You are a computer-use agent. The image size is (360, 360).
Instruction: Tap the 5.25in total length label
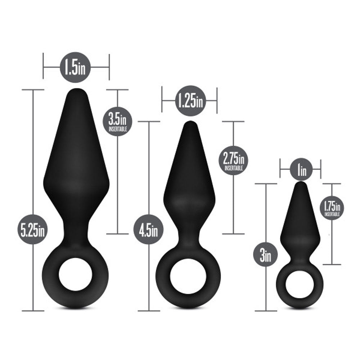33,229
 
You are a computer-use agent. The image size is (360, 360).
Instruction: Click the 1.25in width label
190,101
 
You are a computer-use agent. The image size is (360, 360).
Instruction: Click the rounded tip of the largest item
76,93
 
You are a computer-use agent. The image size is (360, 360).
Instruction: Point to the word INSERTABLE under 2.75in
233,168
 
